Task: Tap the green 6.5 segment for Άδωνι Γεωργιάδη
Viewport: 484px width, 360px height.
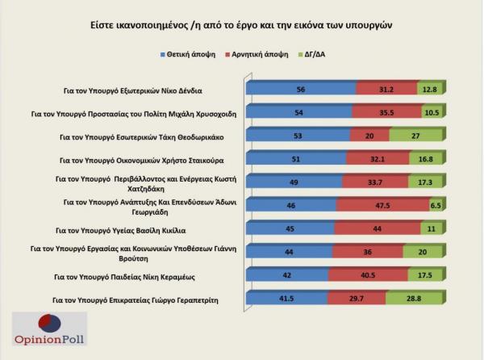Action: point(436,205)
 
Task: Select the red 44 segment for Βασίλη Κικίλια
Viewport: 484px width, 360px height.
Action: point(378,228)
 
